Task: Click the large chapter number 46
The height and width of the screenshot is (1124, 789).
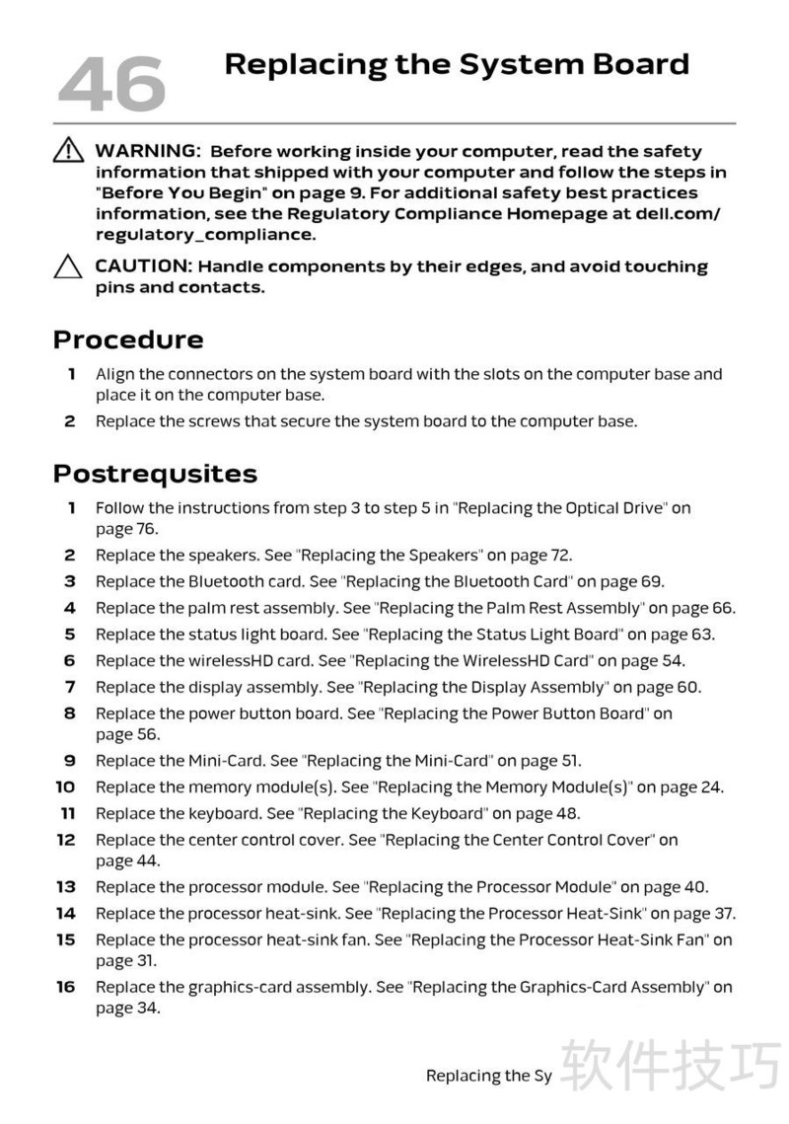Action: [110, 83]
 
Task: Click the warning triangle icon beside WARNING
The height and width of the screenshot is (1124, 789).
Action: [68, 151]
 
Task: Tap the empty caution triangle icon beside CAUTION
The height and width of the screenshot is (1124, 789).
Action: [68, 266]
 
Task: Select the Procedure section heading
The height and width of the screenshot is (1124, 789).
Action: [128, 339]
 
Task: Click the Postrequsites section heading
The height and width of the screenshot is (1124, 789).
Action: [155, 474]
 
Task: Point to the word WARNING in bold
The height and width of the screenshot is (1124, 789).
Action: [148, 151]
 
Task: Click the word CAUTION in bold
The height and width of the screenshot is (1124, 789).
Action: [144, 266]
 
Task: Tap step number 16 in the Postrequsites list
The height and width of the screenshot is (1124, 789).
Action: [65, 987]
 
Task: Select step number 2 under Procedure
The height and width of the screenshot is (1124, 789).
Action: [69, 421]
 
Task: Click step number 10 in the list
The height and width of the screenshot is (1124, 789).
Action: [65, 787]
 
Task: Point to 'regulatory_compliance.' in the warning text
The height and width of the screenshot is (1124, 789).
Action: [205, 235]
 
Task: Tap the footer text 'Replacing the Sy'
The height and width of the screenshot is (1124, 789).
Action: [488, 1076]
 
